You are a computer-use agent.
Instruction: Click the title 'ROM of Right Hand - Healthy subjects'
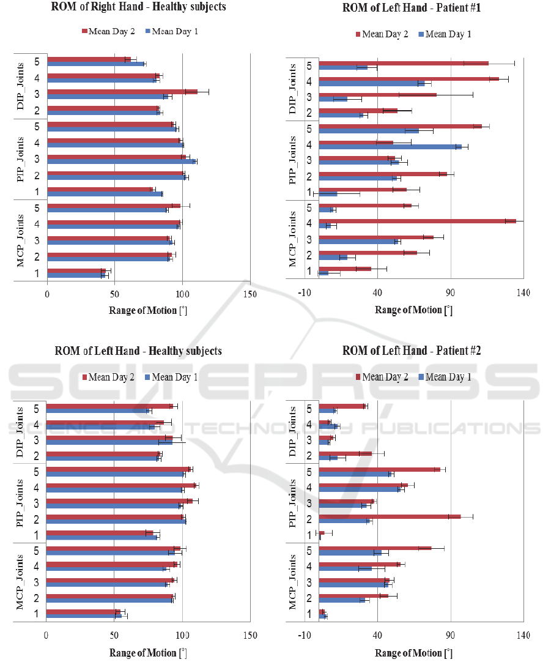click(x=138, y=7)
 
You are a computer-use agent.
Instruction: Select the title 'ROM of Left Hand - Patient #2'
click(x=412, y=351)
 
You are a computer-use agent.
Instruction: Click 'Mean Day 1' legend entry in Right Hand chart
click(x=171, y=31)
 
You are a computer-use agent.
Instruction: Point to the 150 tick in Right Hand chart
click(x=250, y=294)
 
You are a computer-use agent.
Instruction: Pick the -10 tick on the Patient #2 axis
click(x=304, y=636)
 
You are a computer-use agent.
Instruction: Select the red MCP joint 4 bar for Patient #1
click(x=417, y=221)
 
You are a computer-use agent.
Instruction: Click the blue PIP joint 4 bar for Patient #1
click(x=390, y=147)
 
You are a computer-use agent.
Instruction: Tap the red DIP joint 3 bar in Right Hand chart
click(x=122, y=92)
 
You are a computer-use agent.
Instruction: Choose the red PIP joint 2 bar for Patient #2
click(x=390, y=516)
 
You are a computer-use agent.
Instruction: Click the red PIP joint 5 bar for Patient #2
click(x=379, y=469)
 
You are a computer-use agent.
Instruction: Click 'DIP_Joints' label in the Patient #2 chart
click(x=294, y=431)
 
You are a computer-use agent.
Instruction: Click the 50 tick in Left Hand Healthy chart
click(x=114, y=636)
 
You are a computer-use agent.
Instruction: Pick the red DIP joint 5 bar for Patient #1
click(x=404, y=63)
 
